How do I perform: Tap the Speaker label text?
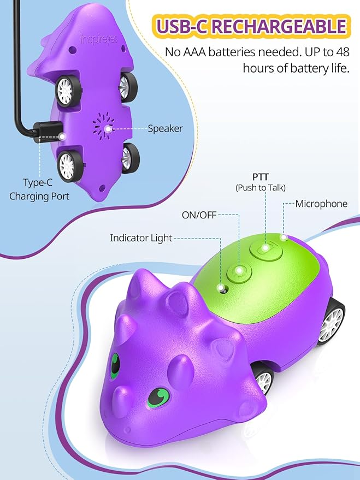165,129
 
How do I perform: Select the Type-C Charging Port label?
39,189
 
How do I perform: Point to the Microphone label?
321,204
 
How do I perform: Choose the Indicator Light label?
141,238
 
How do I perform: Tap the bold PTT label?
261,177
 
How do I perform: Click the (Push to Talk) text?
261,187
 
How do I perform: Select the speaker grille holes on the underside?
104,128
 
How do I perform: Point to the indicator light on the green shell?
221,287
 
